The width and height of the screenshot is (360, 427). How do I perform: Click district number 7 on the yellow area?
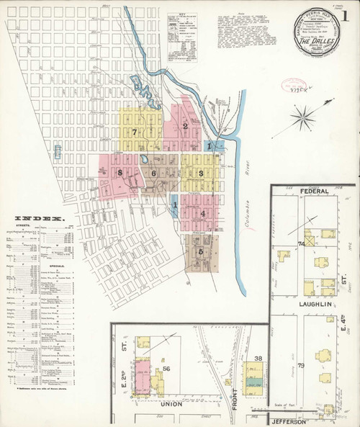135,132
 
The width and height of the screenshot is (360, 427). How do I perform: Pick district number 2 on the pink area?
185,127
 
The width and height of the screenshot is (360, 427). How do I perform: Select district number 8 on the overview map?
119,173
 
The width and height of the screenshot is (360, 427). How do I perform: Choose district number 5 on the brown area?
201,252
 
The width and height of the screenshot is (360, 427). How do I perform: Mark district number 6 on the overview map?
153,174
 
